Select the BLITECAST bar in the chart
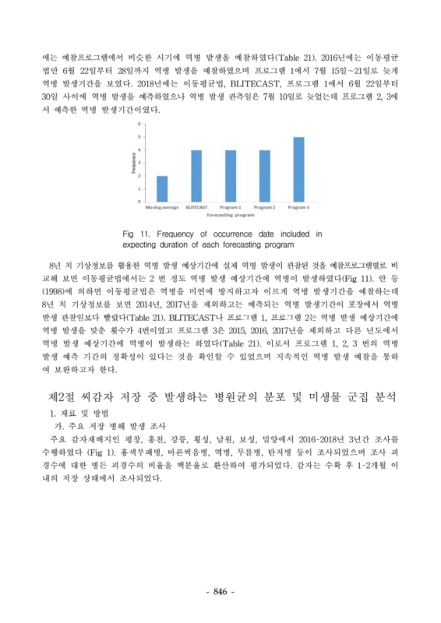pos(196,176)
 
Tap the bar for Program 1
pos(230,176)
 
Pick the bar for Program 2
pos(264,176)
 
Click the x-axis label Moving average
pos(161,207)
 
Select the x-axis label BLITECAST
pos(196,207)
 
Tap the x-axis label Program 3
pos(298,207)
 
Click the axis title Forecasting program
pos(230,213)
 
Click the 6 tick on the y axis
pos(140,124)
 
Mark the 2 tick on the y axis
pos(140,176)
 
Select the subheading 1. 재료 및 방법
pos(81,413)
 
